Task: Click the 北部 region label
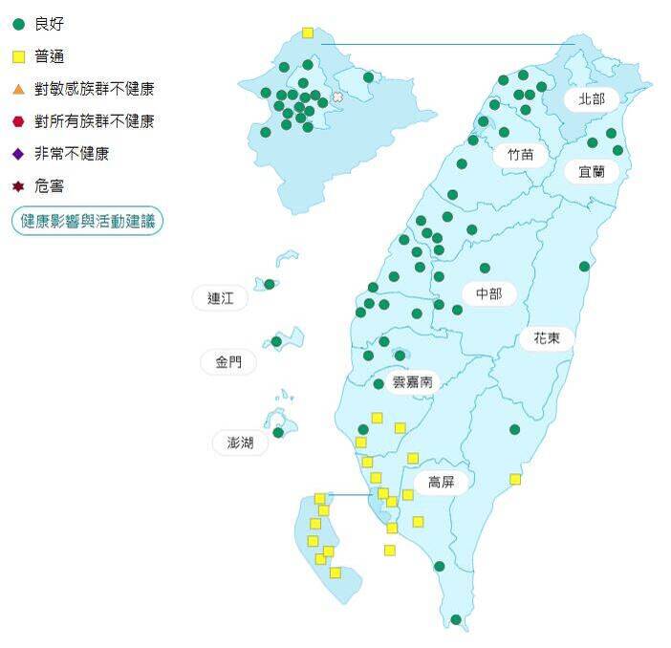pyautogui.click(x=592, y=98)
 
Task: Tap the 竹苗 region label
pyautogui.click(x=521, y=154)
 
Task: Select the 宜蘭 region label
pyautogui.click(x=592, y=172)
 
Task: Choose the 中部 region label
pyautogui.click(x=488, y=293)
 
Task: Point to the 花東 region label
pyautogui.click(x=547, y=337)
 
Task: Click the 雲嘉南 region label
pyautogui.click(x=413, y=380)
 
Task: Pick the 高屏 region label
pyautogui.click(x=441, y=483)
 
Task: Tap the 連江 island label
pyautogui.click(x=221, y=298)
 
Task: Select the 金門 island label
pyautogui.click(x=228, y=362)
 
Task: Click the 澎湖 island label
pyautogui.click(x=240, y=443)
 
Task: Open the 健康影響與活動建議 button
pyautogui.click(x=88, y=221)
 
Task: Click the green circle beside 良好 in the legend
pyautogui.click(x=18, y=23)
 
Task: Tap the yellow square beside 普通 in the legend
pyautogui.click(x=18, y=56)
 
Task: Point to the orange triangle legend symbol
pyautogui.click(x=18, y=89)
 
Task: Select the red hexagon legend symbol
pyautogui.click(x=18, y=121)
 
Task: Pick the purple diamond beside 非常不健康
pyautogui.click(x=18, y=154)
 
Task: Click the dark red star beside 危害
pyautogui.click(x=18, y=186)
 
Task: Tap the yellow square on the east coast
pyautogui.click(x=515, y=479)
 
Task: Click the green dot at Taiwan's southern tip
pyautogui.click(x=456, y=619)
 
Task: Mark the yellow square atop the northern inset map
pyautogui.click(x=308, y=32)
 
